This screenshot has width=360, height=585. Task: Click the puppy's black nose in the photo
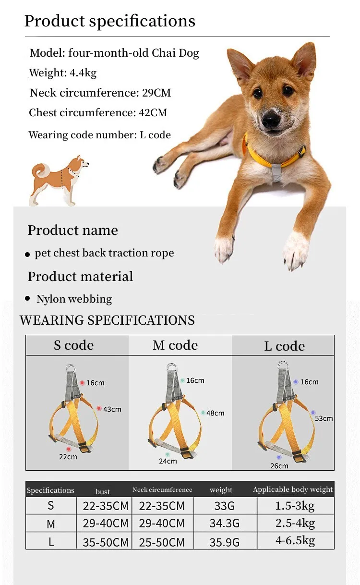[271, 120]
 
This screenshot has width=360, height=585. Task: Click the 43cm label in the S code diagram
[112, 409]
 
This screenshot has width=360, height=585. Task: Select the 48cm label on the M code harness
[215, 413]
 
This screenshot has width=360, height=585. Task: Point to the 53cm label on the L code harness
[324, 418]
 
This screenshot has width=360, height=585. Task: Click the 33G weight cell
[224, 506]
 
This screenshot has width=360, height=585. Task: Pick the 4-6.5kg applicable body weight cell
[295, 540]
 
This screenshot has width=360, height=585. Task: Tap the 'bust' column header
[103, 492]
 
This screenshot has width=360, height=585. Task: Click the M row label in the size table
[51, 524]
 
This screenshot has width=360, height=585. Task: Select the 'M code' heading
[175, 345]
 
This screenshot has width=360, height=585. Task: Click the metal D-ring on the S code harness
[71, 368]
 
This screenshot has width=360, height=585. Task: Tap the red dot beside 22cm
[69, 449]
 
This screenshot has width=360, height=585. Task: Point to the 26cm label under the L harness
[279, 466]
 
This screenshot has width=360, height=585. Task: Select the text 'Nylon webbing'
[74, 299]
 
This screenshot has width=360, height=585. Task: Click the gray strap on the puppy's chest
[276, 172]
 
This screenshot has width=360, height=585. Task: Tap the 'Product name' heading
[73, 231]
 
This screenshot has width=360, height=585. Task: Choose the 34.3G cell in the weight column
[224, 524]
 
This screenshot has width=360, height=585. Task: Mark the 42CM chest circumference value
[153, 112]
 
